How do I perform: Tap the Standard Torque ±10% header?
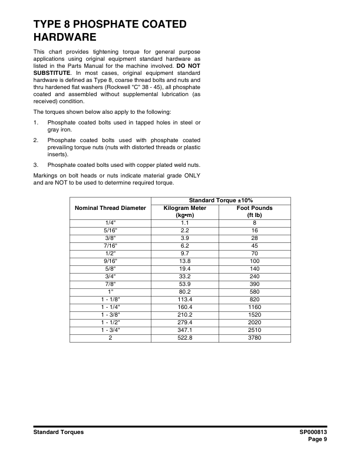(221, 200)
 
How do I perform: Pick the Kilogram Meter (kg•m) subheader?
(184, 212)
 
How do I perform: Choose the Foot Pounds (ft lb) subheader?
(255, 212)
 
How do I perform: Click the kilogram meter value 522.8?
(184, 338)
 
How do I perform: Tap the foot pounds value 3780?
(255, 338)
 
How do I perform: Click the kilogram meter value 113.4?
(184, 300)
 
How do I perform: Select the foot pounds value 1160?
(255, 306)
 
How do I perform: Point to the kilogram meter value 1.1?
(184, 223)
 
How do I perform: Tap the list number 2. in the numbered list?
(36, 140)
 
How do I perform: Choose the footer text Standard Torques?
(58, 432)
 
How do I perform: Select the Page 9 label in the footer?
(317, 439)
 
